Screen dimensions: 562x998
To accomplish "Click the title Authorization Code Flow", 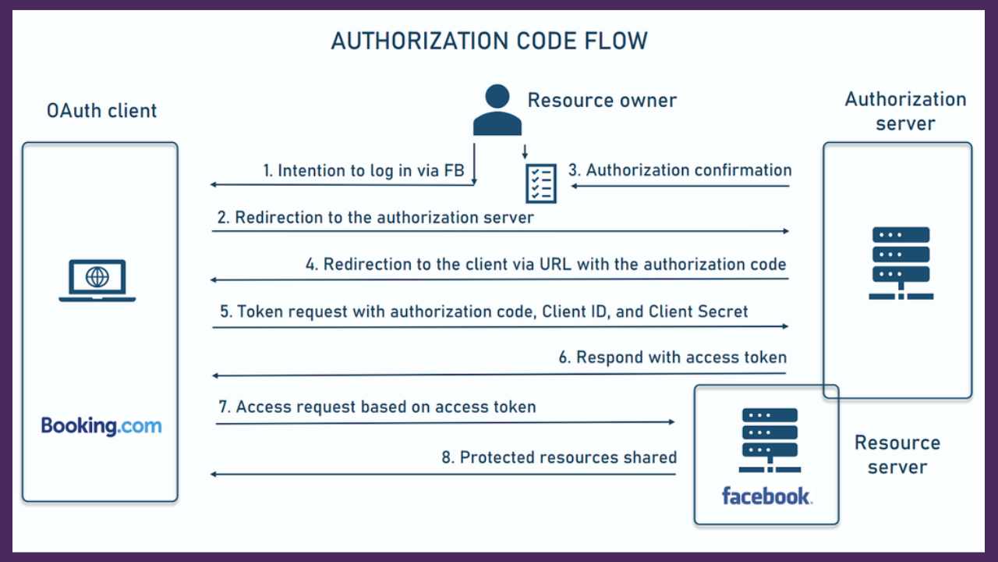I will [489, 41].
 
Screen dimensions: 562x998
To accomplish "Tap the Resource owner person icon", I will [497, 111].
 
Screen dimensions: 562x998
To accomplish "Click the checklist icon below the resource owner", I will [540, 183].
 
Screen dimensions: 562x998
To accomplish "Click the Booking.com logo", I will [101, 426].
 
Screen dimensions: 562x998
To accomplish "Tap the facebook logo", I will [766, 496].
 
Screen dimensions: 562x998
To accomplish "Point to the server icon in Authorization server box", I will [901, 263].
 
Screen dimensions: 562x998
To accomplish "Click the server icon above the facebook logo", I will [768, 440].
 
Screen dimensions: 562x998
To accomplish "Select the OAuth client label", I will [101, 111].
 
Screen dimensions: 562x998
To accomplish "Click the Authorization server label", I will [905, 111].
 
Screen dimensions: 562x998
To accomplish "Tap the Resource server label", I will [897, 454].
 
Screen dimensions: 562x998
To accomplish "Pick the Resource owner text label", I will [602, 100].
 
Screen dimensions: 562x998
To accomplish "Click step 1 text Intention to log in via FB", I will [363, 171].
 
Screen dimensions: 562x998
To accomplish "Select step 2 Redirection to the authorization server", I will [375, 218].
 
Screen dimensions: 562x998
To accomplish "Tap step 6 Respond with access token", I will [673, 357].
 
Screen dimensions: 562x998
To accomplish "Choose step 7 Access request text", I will [377, 407].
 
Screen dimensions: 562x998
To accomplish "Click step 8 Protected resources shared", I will [559, 457].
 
